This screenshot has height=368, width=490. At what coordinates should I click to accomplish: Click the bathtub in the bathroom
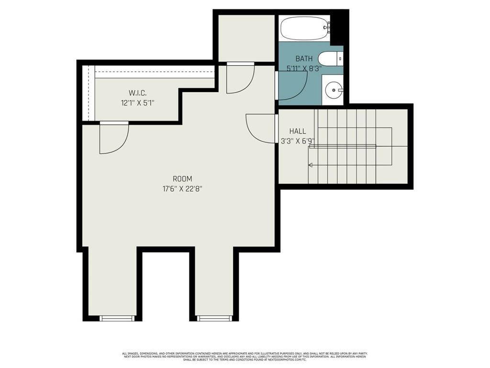pos(304,28)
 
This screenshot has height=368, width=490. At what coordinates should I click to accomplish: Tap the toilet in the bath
pos(330,59)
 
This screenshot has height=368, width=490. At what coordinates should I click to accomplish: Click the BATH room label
pos(304,58)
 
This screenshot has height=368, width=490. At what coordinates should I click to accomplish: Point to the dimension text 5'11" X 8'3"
pos(303,69)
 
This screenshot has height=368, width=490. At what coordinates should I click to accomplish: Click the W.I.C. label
pos(137,92)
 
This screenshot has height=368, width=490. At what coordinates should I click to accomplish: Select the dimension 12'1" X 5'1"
pos(137,103)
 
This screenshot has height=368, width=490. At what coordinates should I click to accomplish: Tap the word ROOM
pos(183,179)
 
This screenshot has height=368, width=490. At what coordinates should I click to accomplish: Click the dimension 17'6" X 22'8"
pos(183,189)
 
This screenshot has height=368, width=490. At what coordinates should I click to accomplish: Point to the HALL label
pos(297,131)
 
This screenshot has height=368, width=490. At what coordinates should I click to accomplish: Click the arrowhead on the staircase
pos(310,165)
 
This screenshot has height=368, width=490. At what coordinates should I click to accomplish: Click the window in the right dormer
pos(214,318)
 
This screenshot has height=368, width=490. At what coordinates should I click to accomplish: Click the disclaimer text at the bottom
pos(245,356)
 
